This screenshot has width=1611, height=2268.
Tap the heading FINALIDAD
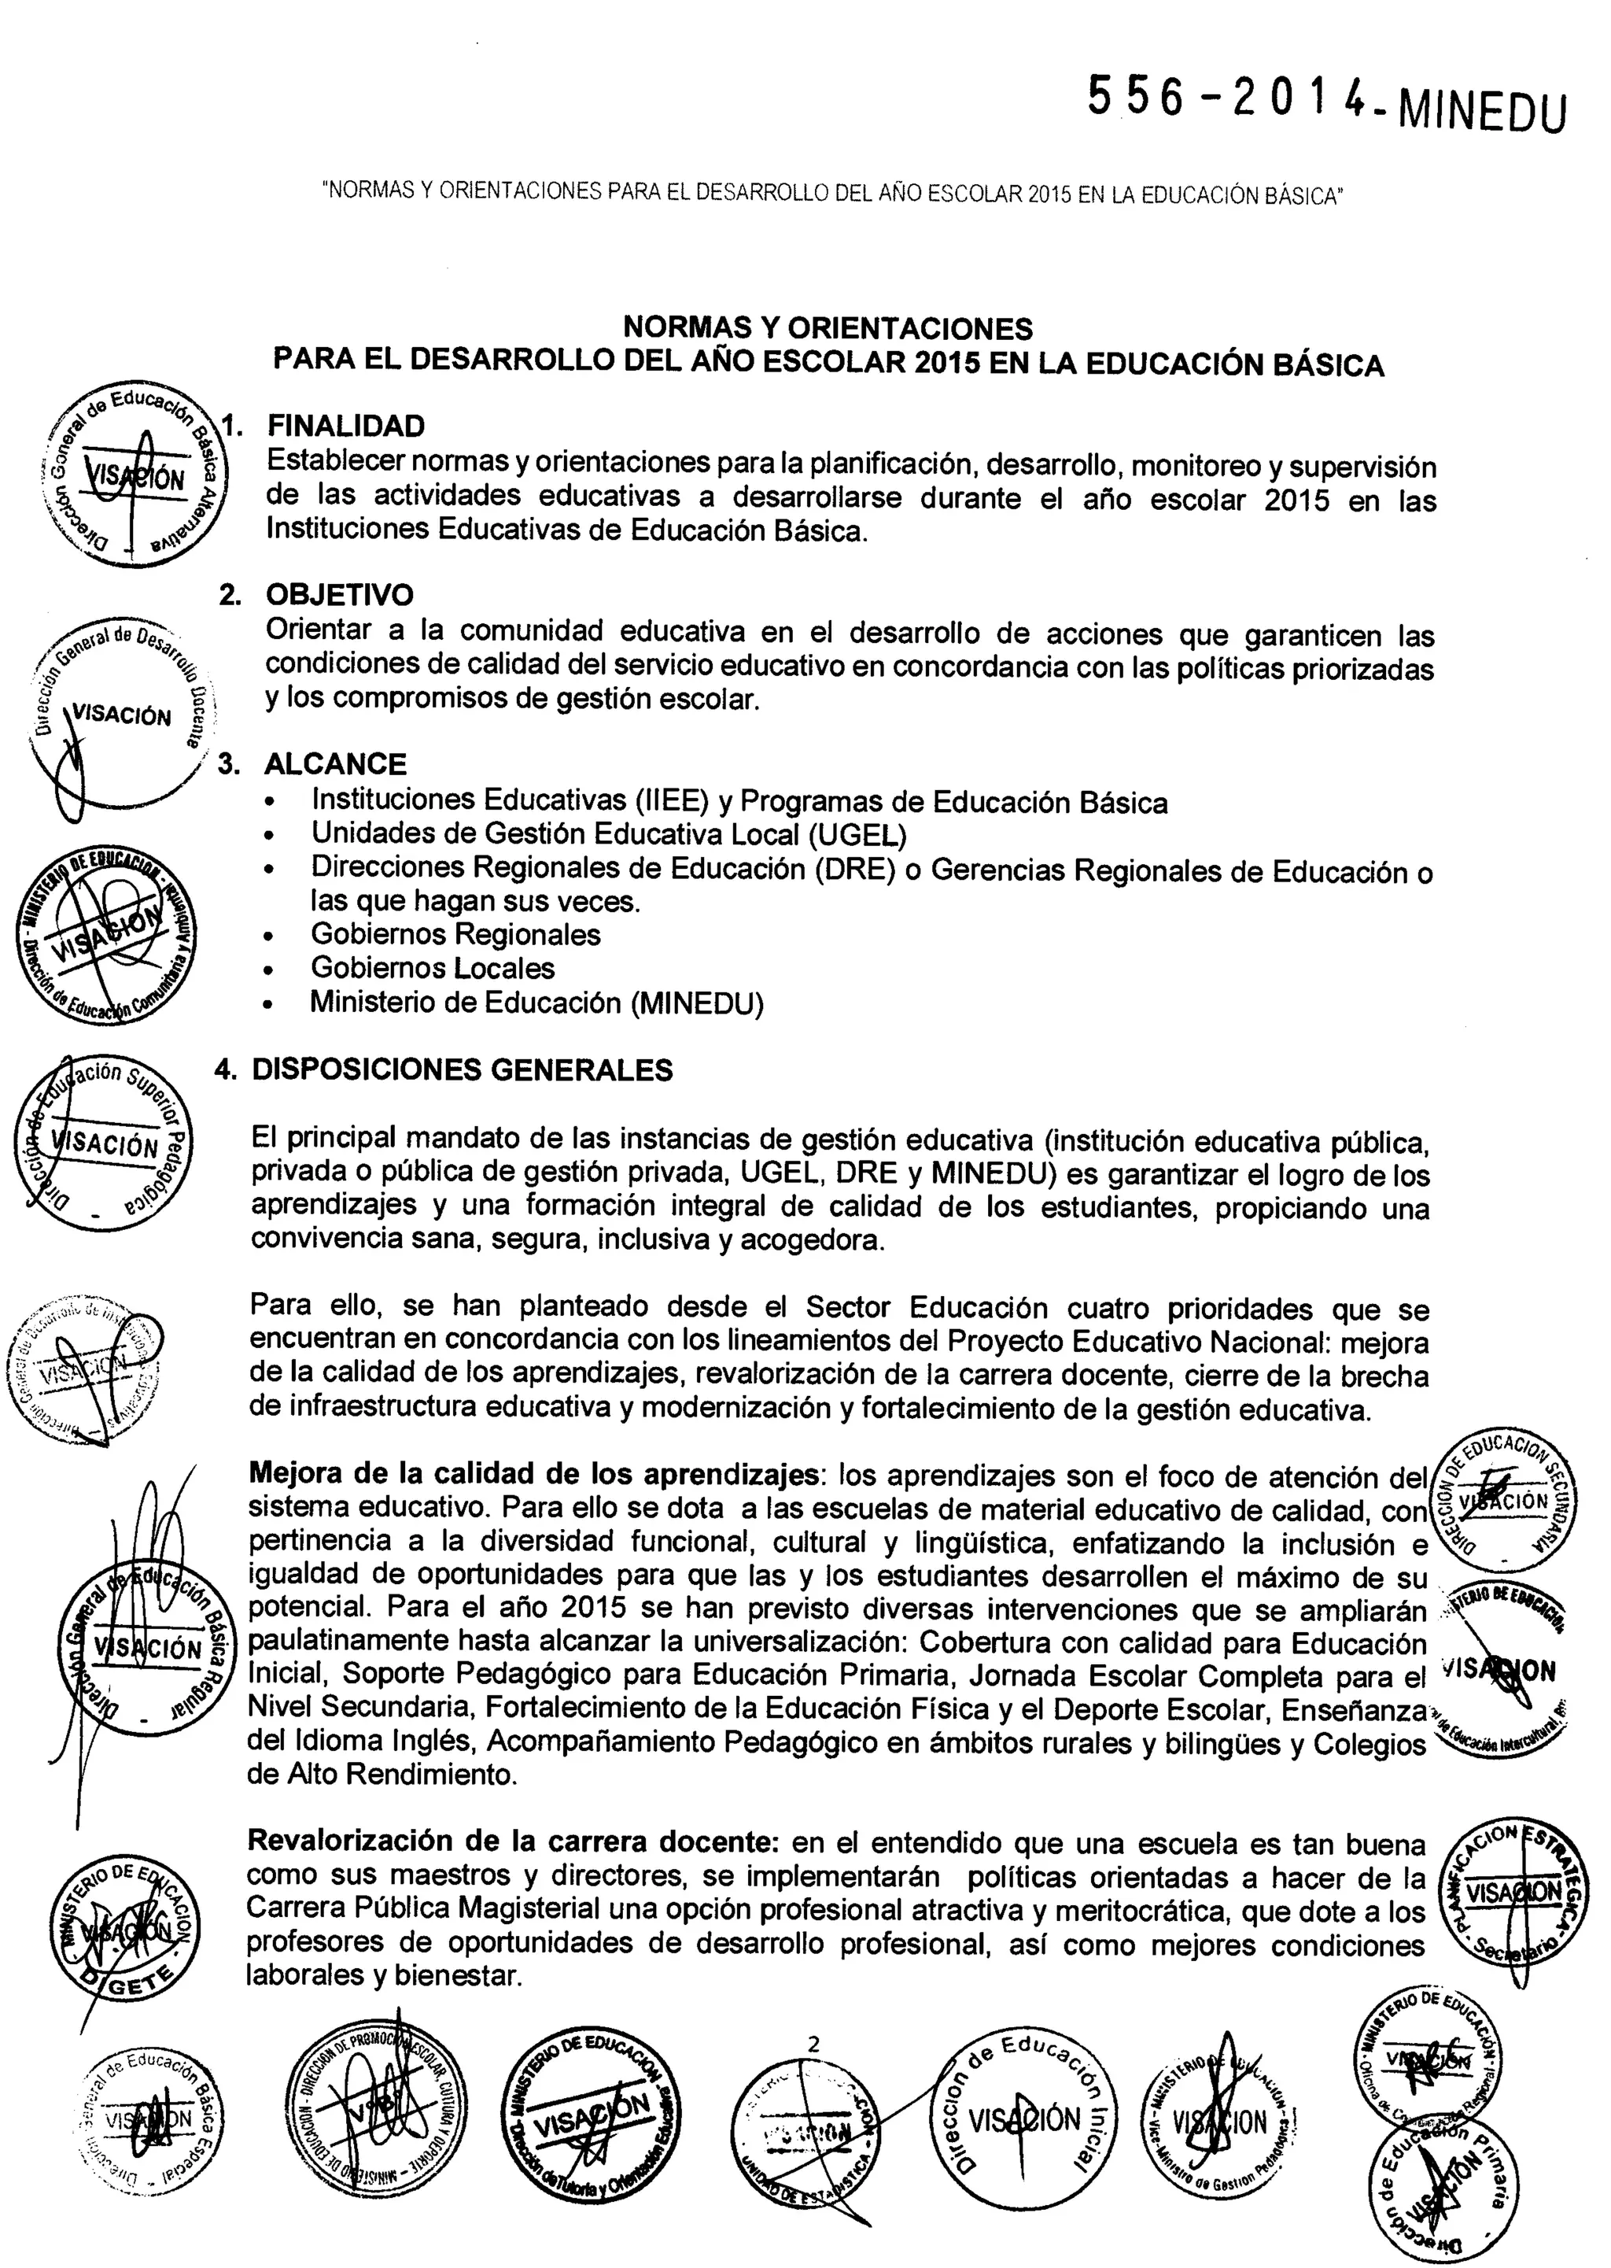click(x=346, y=426)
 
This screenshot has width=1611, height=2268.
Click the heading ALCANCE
click(x=335, y=764)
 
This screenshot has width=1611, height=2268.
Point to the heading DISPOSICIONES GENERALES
click(x=463, y=1069)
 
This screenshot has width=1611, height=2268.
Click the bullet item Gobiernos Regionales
click(x=455, y=935)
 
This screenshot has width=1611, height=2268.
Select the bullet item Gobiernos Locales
click(x=433, y=967)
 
